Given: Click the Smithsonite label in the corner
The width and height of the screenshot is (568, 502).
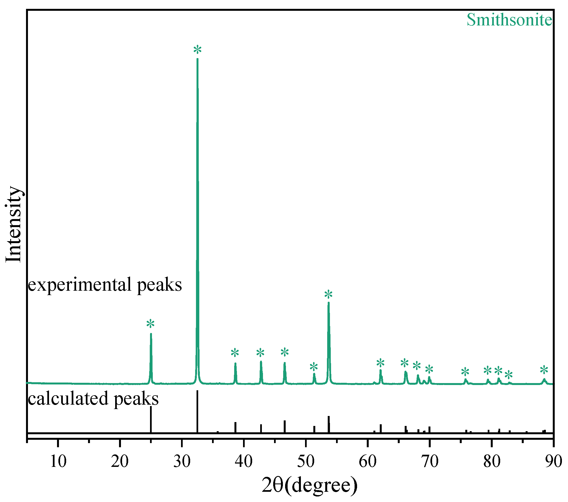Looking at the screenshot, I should click(x=509, y=20).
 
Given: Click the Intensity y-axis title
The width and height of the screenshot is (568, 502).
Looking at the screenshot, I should click(x=13, y=224).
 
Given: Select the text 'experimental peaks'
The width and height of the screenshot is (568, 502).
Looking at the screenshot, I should click(x=105, y=285).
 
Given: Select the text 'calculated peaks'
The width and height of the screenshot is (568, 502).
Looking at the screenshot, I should click(x=93, y=399).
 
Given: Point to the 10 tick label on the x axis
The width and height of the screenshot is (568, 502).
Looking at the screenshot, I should click(x=58, y=461).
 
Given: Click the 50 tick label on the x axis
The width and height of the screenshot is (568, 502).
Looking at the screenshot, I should click(x=306, y=461).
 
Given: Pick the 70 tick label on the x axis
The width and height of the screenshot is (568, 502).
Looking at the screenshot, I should click(x=430, y=461).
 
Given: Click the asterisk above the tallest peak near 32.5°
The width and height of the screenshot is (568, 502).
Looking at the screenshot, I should click(x=197, y=50).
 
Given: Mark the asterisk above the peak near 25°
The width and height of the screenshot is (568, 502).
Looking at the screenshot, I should click(x=150, y=324).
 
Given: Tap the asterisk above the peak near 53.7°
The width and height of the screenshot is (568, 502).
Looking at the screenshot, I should click(x=328, y=295).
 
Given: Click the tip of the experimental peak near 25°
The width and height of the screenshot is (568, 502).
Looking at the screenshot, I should click(x=151, y=334).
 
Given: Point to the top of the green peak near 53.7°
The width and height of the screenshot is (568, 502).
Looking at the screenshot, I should click(x=329, y=303).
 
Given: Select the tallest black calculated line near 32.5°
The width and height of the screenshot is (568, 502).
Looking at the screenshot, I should click(x=197, y=411).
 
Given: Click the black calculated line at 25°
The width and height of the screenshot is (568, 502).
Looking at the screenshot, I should click(x=151, y=419).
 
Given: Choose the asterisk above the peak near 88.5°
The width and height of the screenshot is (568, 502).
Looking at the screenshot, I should click(x=544, y=370).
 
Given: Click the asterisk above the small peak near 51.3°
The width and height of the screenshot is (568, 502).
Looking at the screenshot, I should click(x=313, y=367).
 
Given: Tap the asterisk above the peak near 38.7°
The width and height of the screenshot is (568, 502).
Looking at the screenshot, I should click(x=235, y=353).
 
